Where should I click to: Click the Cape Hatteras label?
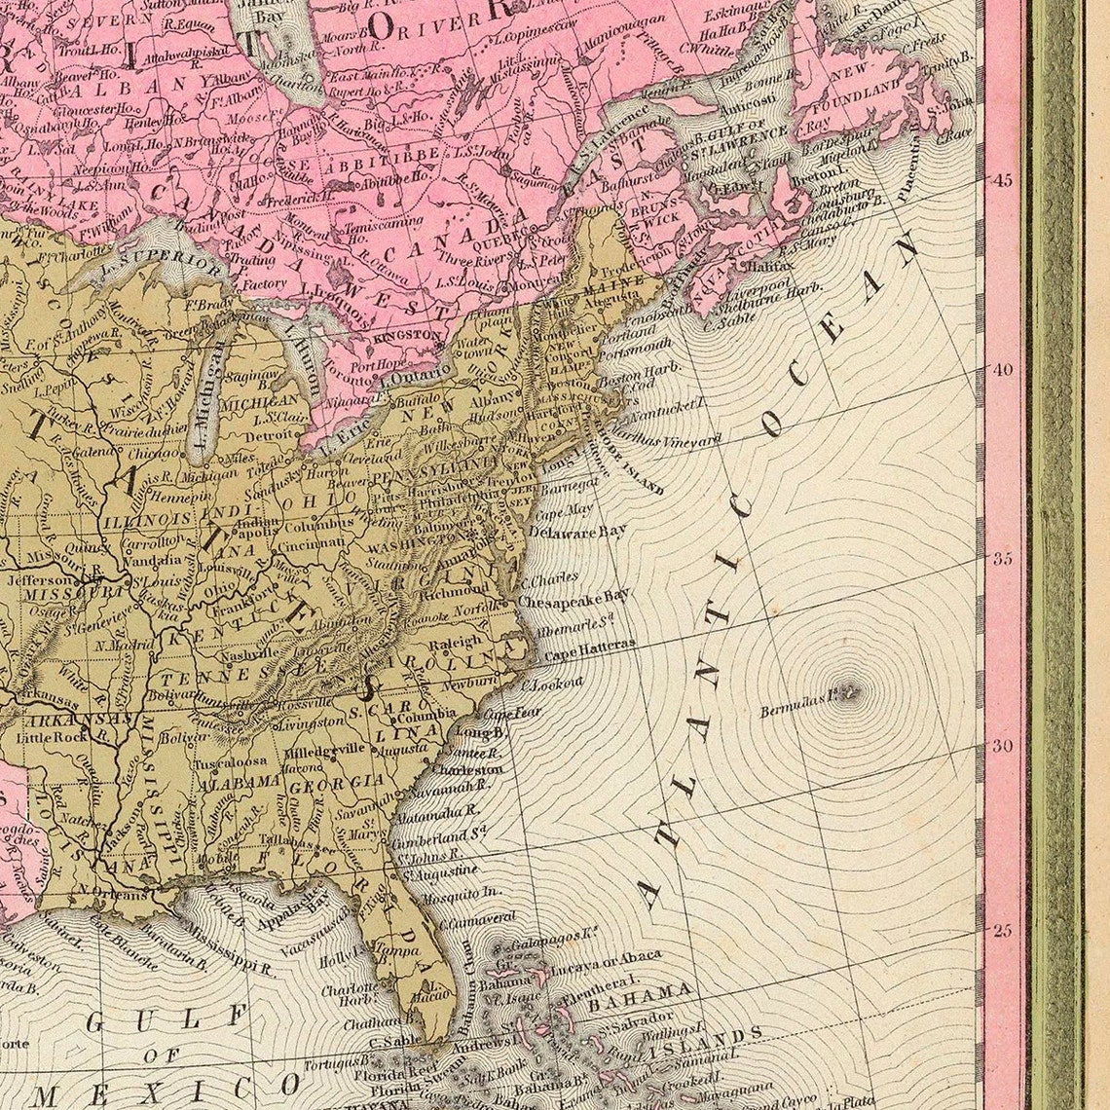589,646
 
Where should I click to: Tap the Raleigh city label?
455,643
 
